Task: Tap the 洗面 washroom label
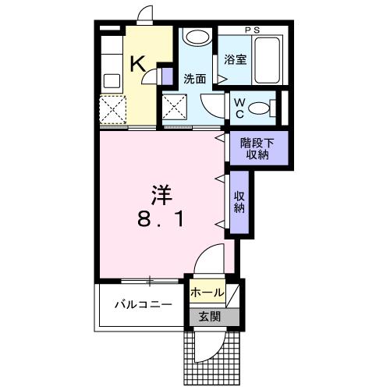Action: coord(194,79)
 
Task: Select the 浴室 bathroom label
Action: coord(236,60)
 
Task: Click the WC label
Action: coord(239,107)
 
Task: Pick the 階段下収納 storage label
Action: coord(258,147)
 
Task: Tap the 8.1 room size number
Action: coord(161,221)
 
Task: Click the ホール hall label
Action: coord(207,293)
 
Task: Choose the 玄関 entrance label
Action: coord(208,317)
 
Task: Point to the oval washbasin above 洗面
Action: coord(197,38)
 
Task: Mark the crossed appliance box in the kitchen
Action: coord(113,109)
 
